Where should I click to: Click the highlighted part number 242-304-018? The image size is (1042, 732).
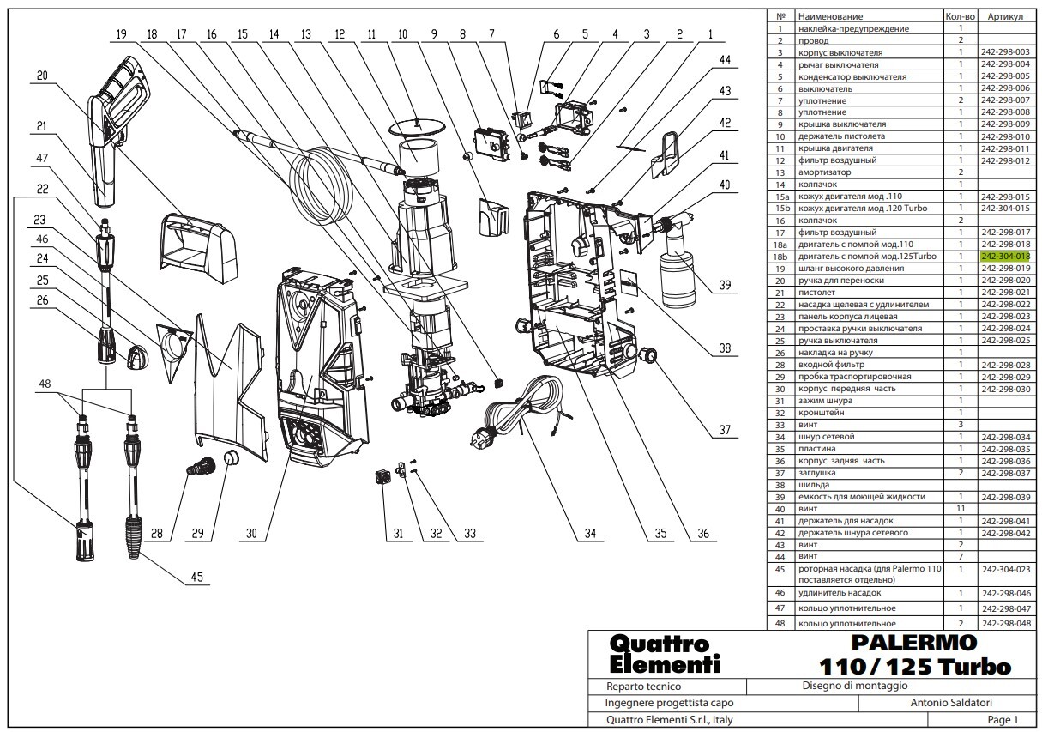tap(1005, 257)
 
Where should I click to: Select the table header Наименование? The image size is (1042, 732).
tap(830, 16)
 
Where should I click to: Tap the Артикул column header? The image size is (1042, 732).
tap(1005, 16)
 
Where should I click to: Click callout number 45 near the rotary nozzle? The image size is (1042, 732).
tap(196, 577)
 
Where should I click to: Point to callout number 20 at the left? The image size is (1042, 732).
tap(42, 76)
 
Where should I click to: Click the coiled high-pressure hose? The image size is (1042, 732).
tap(322, 186)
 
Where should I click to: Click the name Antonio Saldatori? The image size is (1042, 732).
tap(951, 702)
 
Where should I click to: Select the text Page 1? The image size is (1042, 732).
tap(1003, 719)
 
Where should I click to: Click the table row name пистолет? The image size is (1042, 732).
tap(816, 293)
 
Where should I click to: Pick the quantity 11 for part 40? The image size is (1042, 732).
tap(961, 509)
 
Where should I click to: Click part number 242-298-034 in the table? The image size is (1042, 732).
tap(1006, 437)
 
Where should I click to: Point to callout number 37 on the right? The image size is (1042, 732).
tap(725, 430)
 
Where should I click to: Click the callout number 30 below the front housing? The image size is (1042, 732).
tap(251, 533)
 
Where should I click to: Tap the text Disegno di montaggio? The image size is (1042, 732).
tap(854, 686)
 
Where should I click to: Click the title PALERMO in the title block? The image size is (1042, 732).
tap(913, 643)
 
